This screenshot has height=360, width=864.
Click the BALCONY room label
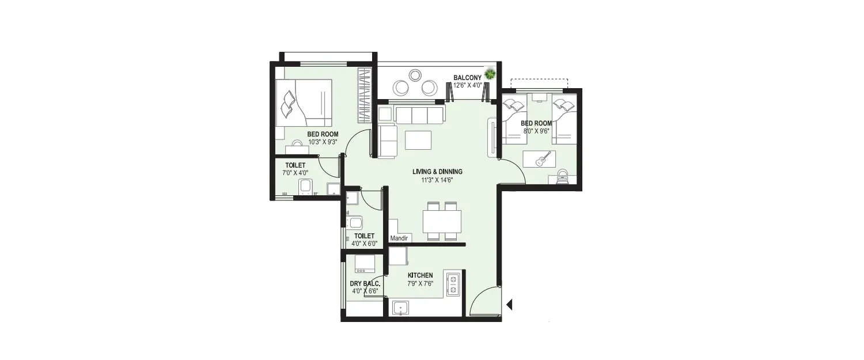point(467,77)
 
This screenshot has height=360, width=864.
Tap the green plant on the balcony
point(490,74)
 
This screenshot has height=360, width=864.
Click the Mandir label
point(399,238)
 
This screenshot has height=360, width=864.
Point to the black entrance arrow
point(509,304)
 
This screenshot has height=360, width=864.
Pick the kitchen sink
point(400,308)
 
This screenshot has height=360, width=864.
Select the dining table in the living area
point(442,221)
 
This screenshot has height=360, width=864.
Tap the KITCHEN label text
point(420,275)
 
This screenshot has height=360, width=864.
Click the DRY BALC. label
point(363,283)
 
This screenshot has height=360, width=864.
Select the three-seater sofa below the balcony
point(411,114)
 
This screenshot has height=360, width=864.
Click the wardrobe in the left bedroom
point(365,95)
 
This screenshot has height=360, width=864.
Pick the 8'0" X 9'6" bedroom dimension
point(536,131)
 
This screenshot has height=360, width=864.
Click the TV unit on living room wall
point(492,137)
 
